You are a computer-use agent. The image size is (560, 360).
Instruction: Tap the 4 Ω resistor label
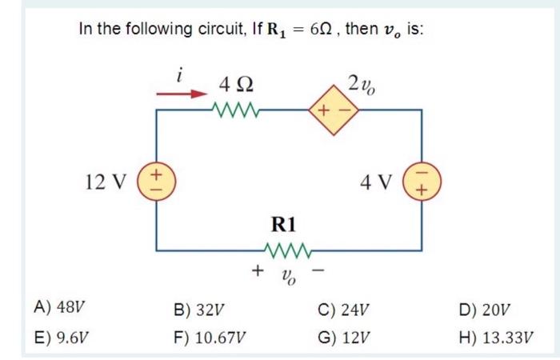[237, 82]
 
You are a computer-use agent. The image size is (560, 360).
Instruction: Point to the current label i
[182, 75]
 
